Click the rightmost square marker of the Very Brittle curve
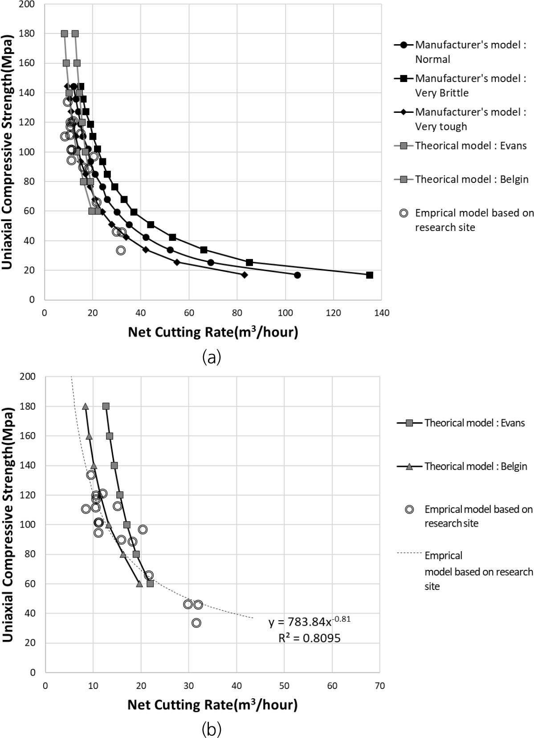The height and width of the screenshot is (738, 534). click(x=369, y=275)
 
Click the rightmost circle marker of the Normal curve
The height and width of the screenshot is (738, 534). click(x=297, y=275)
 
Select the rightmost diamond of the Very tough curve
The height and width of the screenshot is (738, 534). click(x=244, y=275)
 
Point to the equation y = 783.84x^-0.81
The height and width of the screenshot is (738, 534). click(x=309, y=622)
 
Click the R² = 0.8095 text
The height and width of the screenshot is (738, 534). click(x=309, y=639)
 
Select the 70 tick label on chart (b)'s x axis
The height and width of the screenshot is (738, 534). click(x=379, y=686)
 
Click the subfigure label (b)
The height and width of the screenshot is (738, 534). click(x=211, y=730)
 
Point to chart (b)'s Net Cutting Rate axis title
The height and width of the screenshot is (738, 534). click(x=212, y=705)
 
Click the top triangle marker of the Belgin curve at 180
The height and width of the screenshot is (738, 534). click(x=86, y=406)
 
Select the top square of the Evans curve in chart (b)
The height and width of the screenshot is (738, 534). click(x=106, y=406)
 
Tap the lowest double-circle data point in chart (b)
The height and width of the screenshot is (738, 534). click(x=196, y=623)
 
